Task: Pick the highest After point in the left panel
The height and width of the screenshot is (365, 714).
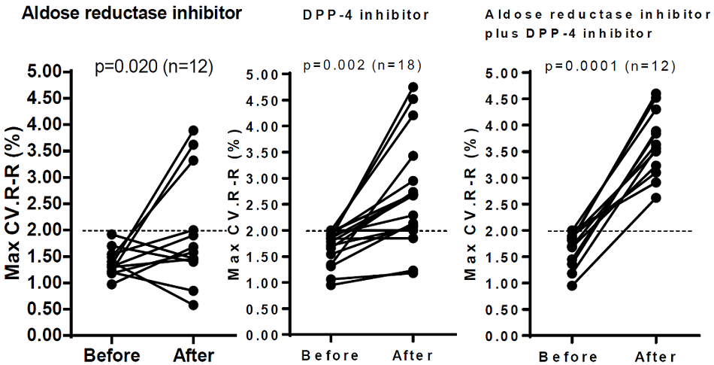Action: [x=193, y=130]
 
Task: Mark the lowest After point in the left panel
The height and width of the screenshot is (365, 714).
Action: [x=193, y=305]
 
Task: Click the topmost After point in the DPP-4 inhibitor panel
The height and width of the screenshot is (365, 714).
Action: [x=413, y=87]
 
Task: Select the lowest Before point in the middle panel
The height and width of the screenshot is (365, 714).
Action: [x=331, y=285]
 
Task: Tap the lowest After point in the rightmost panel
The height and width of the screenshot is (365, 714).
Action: [x=635, y=198]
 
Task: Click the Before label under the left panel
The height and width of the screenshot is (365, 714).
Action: [x=110, y=354]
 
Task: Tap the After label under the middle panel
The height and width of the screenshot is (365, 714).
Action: [x=412, y=356]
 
